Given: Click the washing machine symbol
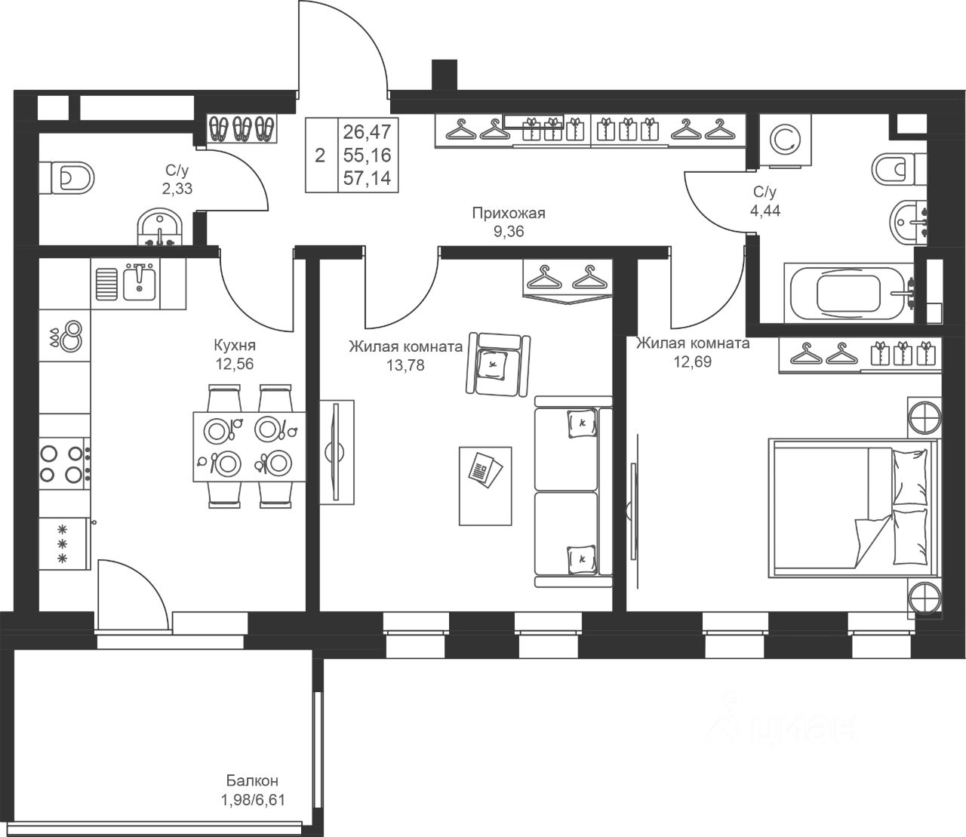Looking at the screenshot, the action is point(786,140).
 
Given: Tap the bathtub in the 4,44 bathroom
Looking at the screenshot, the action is point(849,293).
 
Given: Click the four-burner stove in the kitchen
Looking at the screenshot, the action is point(64,463).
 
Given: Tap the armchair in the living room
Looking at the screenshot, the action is point(498,365).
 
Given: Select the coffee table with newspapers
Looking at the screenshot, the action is point(485,486).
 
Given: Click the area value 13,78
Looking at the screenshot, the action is point(405,365).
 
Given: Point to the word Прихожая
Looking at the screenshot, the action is point(509,214).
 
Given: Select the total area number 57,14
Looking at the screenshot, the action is point(367,178).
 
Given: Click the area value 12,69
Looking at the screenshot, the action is point(693,362).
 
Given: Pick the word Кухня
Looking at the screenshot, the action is point(235,346).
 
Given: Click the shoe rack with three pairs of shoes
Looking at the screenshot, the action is point(241,128).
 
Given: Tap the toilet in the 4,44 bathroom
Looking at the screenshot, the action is point(898,170).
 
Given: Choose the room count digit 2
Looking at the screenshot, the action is point(320,155).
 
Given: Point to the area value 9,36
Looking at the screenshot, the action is point(509,232).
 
